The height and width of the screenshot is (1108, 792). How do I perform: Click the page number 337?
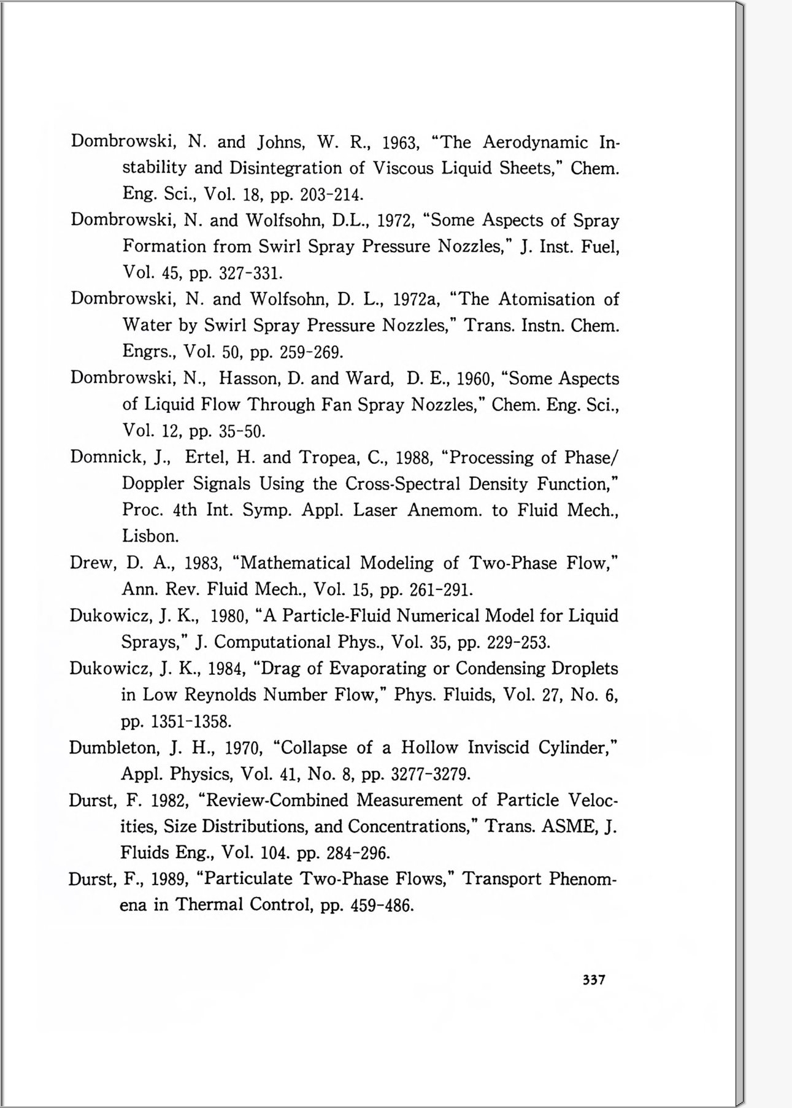tap(594, 980)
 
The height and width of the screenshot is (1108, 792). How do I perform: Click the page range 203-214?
tap(331, 195)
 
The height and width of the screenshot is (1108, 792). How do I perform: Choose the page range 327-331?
tap(250, 273)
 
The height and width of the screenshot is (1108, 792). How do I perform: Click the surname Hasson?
tap(248, 379)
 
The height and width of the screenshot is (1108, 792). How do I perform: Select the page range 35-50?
tap(242, 431)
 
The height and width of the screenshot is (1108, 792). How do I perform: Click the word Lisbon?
tap(150, 536)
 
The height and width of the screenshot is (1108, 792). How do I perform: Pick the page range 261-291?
tap(440, 590)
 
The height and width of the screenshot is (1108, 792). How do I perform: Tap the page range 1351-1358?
tap(191, 721)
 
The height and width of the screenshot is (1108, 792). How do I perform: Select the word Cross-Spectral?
tap(402, 484)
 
